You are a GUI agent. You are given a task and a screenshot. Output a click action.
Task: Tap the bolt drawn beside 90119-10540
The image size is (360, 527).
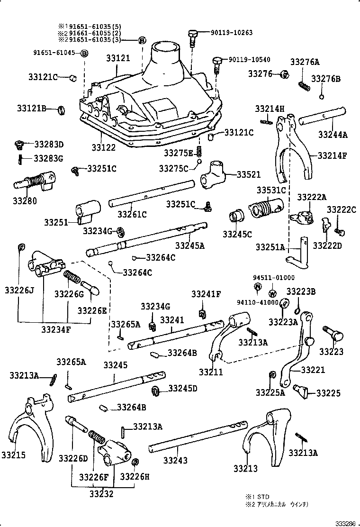coord(216,64)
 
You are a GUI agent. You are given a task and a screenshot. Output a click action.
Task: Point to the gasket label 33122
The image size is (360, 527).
coord(104,147)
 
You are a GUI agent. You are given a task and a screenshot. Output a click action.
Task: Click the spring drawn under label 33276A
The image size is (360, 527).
coord(304,85)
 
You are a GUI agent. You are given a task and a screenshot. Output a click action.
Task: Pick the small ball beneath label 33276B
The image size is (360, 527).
coord(321,97)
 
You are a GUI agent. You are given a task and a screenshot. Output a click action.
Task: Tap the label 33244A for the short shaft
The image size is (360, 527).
coord(333,134)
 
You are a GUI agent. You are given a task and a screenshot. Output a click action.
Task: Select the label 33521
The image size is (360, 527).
coord(248,174)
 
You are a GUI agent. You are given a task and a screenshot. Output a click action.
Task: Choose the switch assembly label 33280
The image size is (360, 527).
coord(25,200)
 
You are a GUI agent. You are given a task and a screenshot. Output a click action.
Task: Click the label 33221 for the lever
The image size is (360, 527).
coord(313,369)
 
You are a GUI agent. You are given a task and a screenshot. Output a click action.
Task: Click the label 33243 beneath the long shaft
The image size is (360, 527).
coord(175,460)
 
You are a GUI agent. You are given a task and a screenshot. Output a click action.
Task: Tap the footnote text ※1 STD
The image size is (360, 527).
coord(257,496)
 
